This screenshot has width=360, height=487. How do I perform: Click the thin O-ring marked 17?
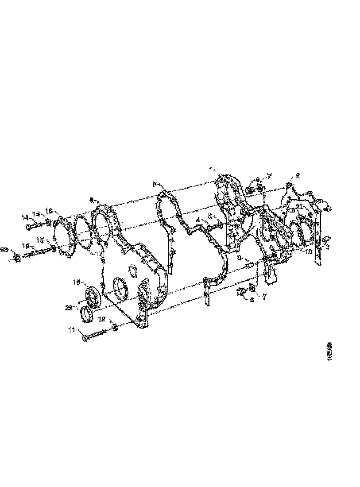point(83,231)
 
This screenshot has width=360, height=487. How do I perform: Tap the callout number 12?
point(101,319)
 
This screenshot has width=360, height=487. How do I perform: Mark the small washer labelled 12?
point(114,327)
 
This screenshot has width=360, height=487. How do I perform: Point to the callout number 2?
point(298,176)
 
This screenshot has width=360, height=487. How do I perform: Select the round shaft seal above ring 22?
point(93,295)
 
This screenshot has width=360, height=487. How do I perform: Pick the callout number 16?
point(26,246)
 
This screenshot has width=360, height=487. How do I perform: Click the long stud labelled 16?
point(38,253)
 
